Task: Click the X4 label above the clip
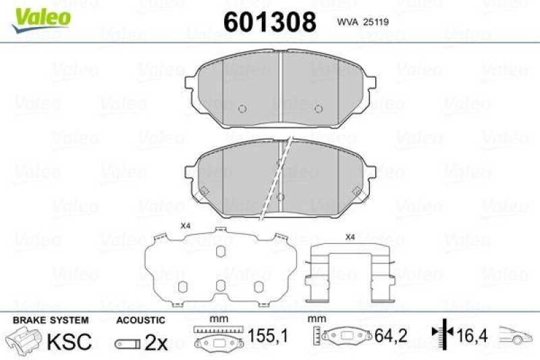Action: click(350, 237)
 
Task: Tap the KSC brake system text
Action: click(68, 342)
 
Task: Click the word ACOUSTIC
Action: click(140, 319)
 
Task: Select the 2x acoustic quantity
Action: click(156, 342)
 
